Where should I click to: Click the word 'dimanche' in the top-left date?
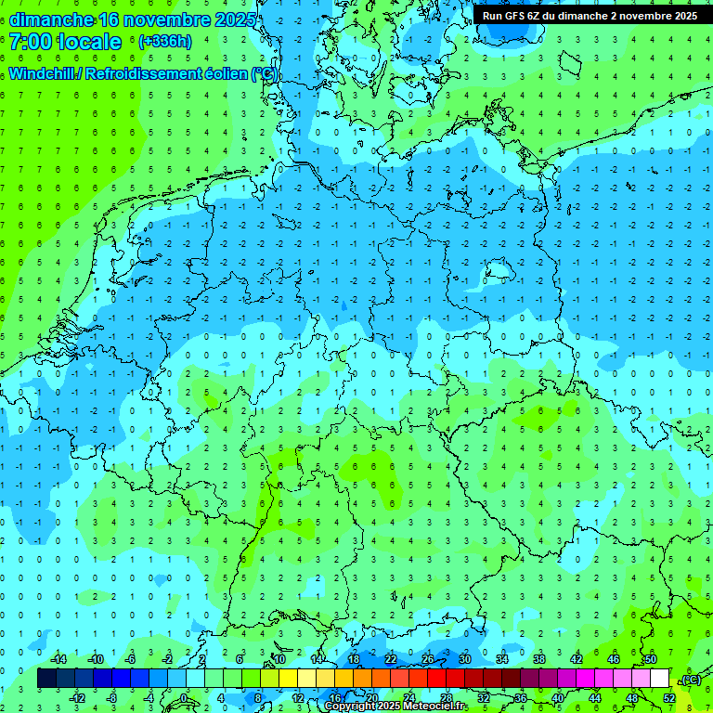[51, 19]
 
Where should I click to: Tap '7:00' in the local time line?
[32, 42]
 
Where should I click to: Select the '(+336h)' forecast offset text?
[165, 42]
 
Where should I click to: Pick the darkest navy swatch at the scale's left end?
[46, 679]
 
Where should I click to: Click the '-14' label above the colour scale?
[58, 659]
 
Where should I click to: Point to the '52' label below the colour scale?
[669, 698]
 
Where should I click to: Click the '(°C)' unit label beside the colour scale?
[690, 679]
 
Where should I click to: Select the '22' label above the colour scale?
[391, 659]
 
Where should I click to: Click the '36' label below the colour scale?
[521, 698]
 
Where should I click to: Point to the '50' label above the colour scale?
[651, 659]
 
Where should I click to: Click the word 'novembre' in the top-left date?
[170, 19]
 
